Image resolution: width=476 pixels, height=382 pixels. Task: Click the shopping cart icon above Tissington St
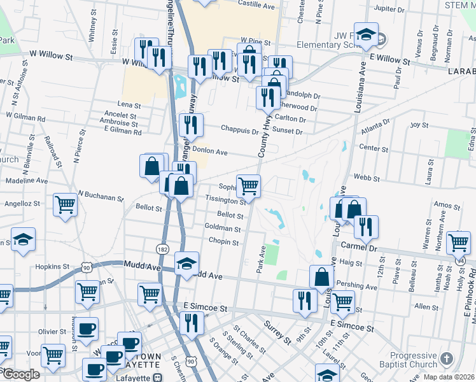tap(248, 186)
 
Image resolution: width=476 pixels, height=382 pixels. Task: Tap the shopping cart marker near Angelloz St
tap(65, 205)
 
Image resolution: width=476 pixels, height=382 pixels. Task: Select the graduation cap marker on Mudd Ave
tap(187, 263)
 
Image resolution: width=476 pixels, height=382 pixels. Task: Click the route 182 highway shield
tap(162, 250)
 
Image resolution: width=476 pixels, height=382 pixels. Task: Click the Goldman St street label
tap(223, 229)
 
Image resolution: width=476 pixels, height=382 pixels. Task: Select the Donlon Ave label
tap(210, 152)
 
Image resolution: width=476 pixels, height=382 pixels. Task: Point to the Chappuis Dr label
tap(240, 131)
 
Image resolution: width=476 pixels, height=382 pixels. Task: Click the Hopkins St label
tap(52, 267)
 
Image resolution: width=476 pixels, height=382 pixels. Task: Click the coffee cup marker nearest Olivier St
tap(87, 329)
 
